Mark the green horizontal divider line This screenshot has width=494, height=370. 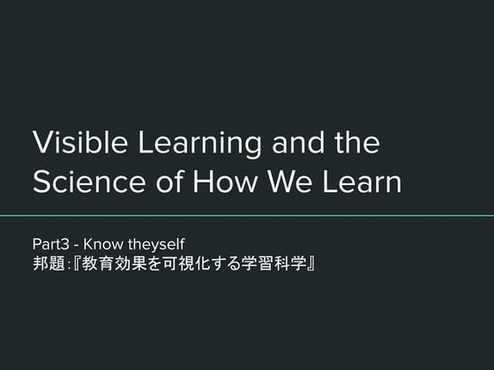click(x=247, y=215)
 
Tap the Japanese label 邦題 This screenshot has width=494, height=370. click(x=47, y=263)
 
